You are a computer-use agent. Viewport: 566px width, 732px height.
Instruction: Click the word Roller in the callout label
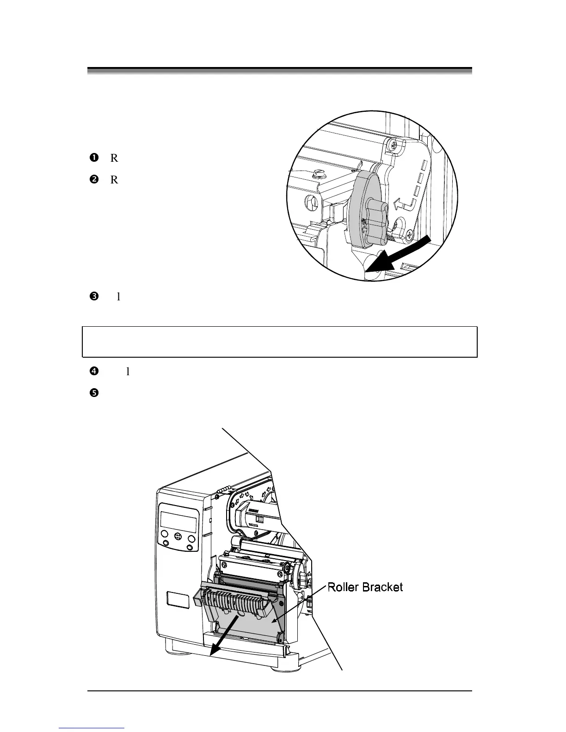click(x=344, y=587)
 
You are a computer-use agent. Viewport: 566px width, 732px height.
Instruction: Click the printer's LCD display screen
click(x=178, y=522)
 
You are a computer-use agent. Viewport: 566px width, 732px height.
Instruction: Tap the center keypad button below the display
click(x=178, y=538)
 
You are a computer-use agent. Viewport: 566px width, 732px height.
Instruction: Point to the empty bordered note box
click(x=279, y=342)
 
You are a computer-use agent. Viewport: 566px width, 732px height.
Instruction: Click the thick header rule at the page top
click(x=279, y=71)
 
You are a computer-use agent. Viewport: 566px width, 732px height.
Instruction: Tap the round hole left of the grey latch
click(x=311, y=202)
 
